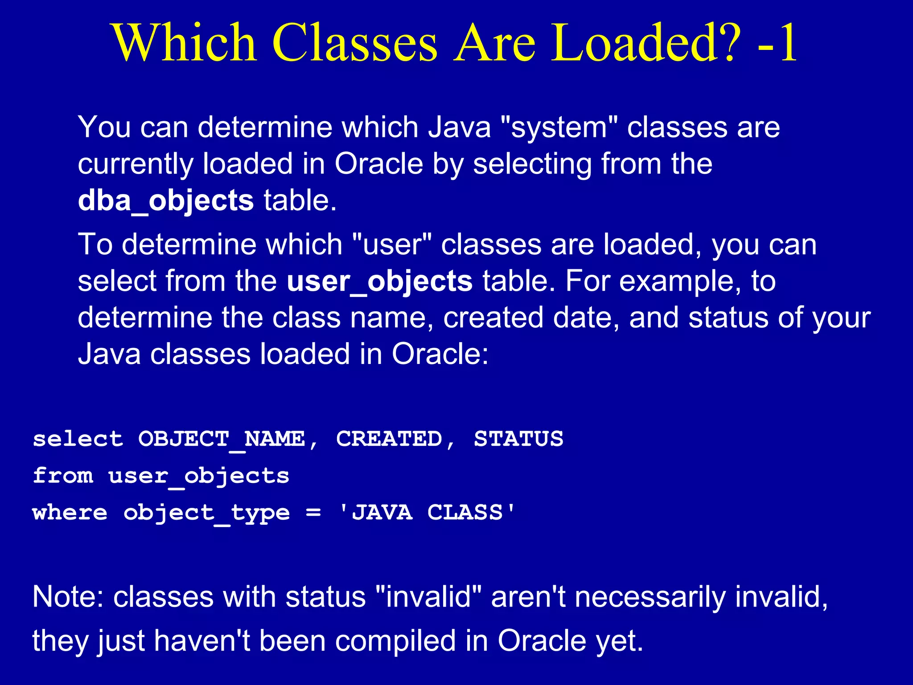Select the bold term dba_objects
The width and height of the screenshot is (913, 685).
coord(166,201)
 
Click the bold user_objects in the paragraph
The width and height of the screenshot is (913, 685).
coord(379,281)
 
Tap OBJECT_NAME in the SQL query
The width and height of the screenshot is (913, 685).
coord(222,439)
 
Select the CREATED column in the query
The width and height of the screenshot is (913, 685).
coord(389,439)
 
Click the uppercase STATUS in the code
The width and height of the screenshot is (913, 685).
coord(518,439)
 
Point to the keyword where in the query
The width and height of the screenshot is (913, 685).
coord(70,512)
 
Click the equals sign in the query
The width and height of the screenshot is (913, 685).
coord(313,513)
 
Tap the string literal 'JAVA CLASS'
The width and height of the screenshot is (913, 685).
coord(427,512)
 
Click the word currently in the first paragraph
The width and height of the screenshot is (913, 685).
coord(136,164)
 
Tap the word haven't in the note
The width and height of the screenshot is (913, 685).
coord(202,641)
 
